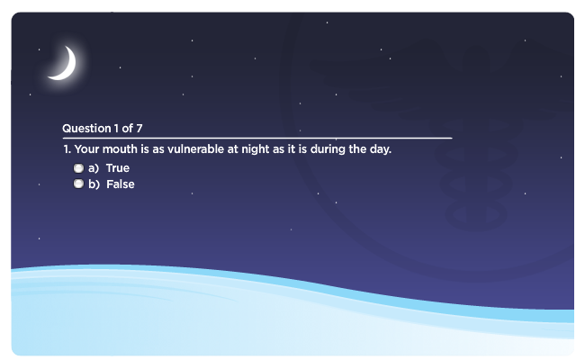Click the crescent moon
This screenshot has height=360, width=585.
tap(68, 69)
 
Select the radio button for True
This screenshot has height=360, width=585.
tap(78, 168)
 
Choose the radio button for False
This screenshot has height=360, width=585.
tap(78, 184)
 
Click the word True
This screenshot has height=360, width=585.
tap(118, 168)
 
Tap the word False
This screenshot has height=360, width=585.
tap(120, 184)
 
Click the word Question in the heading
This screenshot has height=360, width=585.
tap(86, 129)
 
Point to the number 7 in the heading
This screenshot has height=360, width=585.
tap(139, 129)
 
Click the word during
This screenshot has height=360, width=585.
tap(328, 150)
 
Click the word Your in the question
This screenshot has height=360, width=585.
tap(87, 149)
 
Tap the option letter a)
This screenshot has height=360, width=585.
tap(94, 168)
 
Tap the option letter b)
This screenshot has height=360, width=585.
tap(94, 184)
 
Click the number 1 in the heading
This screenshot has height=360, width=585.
tap(116, 129)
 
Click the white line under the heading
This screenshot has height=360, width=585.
tap(257, 138)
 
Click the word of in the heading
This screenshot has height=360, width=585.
tap(127, 129)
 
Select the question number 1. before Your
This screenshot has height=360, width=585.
tap(67, 149)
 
